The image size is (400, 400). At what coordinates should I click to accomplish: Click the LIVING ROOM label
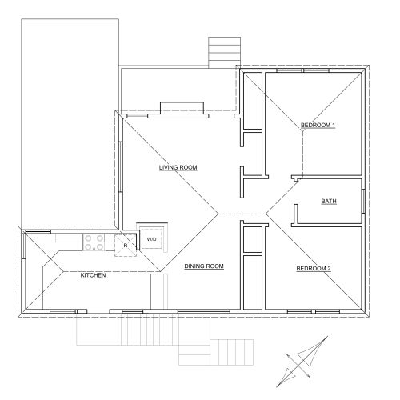178,167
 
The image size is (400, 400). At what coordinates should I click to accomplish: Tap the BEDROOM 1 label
318,125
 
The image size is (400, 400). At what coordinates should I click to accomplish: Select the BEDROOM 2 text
314,268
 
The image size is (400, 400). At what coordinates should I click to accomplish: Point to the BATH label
329,201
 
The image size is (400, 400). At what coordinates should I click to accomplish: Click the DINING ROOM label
204,266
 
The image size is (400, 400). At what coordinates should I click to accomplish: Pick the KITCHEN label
93,275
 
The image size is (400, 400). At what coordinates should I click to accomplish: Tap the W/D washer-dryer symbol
152,238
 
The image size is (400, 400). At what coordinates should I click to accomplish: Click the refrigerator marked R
126,246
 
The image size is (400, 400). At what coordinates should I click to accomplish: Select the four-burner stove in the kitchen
93,242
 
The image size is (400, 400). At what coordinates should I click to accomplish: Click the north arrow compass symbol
302,362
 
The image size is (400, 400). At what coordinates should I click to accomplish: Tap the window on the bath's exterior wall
363,201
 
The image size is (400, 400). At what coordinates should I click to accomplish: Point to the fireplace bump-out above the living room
182,108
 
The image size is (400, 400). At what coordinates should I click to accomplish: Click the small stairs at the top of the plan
225,52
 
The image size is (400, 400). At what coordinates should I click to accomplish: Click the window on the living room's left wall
121,166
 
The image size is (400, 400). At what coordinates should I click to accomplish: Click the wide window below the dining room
204,311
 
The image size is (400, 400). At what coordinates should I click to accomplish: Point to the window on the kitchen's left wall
23,246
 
